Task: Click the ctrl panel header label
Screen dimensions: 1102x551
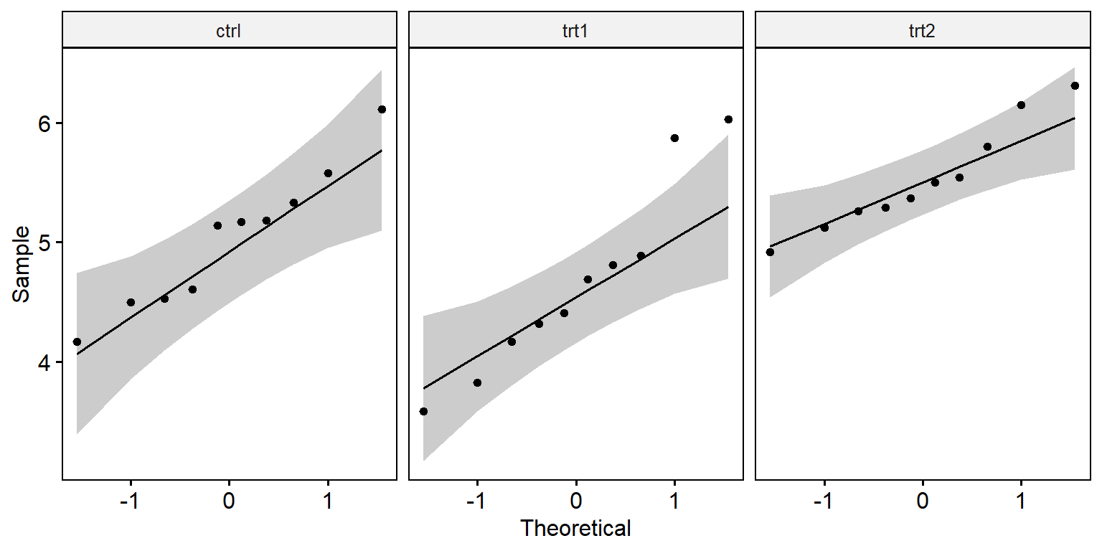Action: [x=229, y=31]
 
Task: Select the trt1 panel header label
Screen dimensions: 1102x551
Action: [x=575, y=31]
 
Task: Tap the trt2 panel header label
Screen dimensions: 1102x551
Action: [x=921, y=31]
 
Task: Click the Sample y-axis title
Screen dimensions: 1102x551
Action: [x=21, y=264]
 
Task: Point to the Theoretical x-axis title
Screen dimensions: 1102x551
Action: [x=575, y=528]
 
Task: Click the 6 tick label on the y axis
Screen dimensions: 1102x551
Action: [x=44, y=123]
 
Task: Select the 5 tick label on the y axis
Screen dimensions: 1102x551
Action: [x=44, y=242]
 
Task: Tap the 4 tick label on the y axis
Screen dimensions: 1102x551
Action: [x=44, y=362]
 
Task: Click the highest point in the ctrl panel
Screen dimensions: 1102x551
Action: [x=382, y=109]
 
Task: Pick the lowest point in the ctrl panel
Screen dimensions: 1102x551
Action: [x=77, y=342]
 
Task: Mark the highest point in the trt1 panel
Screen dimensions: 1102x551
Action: [x=729, y=120]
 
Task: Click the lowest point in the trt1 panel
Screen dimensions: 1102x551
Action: [x=423, y=411]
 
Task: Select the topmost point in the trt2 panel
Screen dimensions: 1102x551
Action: [x=1075, y=85]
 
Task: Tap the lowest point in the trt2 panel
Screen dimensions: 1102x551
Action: [x=770, y=253]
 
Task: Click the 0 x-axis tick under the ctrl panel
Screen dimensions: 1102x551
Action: [x=229, y=501]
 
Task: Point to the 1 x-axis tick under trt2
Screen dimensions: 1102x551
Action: [x=1021, y=501]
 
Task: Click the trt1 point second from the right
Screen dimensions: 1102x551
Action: [x=674, y=138]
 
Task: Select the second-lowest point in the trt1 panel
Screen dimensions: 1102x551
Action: [x=477, y=382]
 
